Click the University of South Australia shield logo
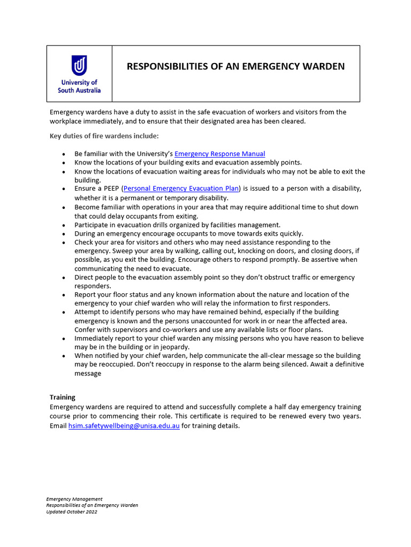point(79,66)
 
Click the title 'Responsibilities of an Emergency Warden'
point(235,67)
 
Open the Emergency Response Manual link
point(219,154)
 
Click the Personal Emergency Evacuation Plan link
point(182,189)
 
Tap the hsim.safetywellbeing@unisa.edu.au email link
point(124,426)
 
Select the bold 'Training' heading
point(63,397)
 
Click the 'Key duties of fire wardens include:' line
point(104,136)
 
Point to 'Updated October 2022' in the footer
point(72,512)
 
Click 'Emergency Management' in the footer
point(74,499)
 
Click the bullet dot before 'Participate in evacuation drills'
point(64,225)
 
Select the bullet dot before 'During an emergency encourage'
point(64,234)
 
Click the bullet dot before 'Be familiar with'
point(64,154)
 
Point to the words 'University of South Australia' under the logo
point(79,87)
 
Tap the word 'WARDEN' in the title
point(323,67)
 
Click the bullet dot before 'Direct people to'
point(64,278)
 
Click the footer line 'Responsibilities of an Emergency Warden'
point(92,505)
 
